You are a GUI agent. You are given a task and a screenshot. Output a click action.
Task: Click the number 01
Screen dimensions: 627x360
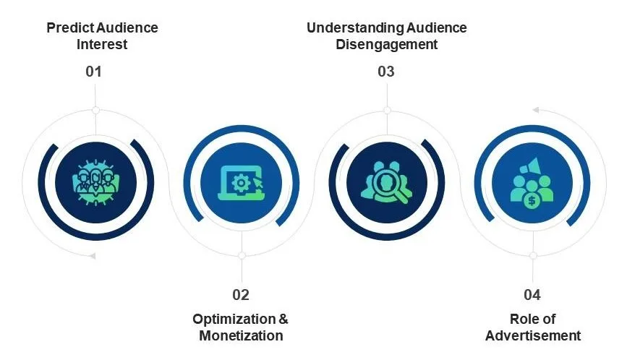[x=93, y=72]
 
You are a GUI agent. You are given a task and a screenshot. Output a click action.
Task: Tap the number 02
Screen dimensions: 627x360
[x=241, y=295]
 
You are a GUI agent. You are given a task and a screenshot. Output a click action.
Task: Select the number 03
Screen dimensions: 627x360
[x=386, y=72]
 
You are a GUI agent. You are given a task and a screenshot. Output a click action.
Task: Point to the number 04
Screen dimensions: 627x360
[x=532, y=295]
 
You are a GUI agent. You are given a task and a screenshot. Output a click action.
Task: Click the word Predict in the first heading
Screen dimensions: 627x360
[x=70, y=28]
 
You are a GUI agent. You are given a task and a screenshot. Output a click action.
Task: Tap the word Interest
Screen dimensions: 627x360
[x=102, y=44]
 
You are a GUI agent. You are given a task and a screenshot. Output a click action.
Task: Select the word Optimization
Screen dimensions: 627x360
[x=234, y=320]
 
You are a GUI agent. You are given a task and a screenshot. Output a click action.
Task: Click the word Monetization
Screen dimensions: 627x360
[x=241, y=335]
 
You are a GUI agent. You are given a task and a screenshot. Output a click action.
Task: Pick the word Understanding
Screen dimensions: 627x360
[x=355, y=28]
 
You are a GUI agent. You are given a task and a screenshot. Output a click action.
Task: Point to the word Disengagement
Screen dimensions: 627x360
[x=387, y=44]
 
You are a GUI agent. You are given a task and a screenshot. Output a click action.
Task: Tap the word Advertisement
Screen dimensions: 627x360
[x=533, y=335]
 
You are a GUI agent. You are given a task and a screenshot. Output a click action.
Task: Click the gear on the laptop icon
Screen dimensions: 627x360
[x=241, y=184]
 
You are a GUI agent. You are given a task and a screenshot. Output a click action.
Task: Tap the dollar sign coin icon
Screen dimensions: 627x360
[x=532, y=200]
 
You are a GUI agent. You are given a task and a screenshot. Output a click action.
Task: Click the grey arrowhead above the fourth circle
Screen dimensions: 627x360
[x=536, y=110]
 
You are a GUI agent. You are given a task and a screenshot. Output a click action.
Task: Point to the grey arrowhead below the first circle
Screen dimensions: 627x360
[x=92, y=256]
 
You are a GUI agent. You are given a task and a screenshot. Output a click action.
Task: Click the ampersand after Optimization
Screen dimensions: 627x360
[x=283, y=320]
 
